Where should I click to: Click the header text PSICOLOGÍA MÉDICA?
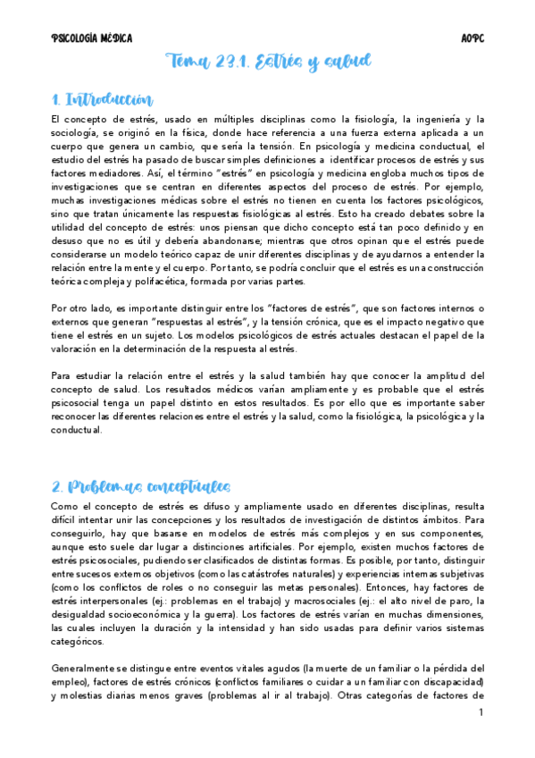point(92,38)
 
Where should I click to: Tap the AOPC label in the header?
point(472,38)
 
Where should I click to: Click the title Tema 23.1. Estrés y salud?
point(268,63)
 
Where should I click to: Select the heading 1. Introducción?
point(102,99)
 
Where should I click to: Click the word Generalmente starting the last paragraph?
point(88,668)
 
